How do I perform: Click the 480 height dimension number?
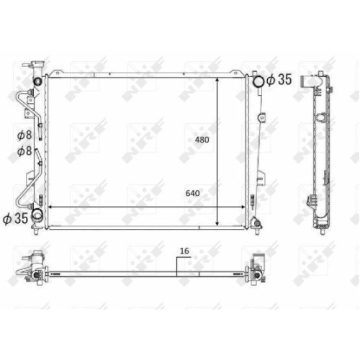[202, 140]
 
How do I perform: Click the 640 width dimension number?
[192, 193]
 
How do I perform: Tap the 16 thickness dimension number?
[184, 251]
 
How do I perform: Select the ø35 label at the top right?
[279, 79]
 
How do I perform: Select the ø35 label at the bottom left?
[16, 219]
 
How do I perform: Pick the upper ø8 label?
[24, 135]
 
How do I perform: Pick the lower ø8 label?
[24, 151]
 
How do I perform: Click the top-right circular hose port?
[258, 81]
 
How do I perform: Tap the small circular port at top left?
[38, 81]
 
